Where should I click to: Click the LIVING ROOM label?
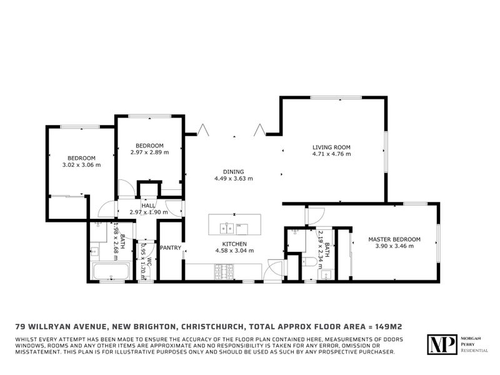(x=332, y=147)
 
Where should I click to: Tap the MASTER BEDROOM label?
(x=394, y=239)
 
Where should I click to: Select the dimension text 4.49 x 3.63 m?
(x=233, y=178)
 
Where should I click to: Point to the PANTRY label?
(x=170, y=248)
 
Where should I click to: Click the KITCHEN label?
(x=234, y=244)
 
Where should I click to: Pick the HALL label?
(x=148, y=206)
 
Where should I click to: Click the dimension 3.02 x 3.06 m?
(x=81, y=165)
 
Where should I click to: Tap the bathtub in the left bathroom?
(x=111, y=272)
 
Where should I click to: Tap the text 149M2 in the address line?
(x=379, y=326)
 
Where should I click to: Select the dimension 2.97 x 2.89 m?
(x=149, y=152)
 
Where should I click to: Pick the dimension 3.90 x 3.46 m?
(x=394, y=246)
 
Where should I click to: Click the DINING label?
(x=233, y=171)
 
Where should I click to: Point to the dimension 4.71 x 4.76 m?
(x=332, y=154)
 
